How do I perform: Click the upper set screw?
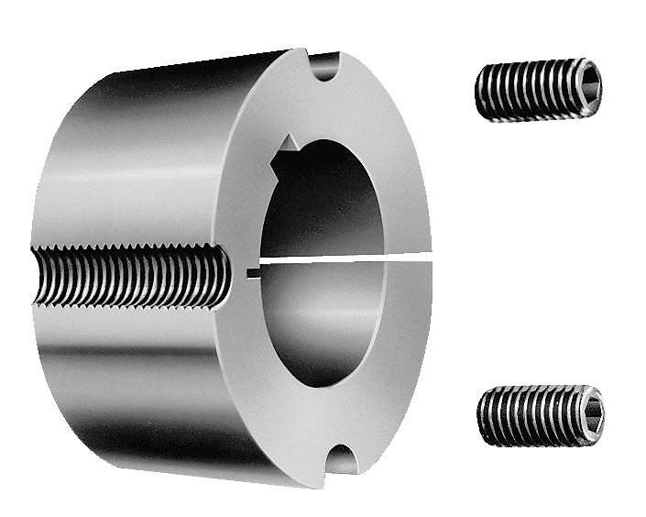[539, 89]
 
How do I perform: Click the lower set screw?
[541, 416]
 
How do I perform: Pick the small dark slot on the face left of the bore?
[253, 270]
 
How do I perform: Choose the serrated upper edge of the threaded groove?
[128, 249]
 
